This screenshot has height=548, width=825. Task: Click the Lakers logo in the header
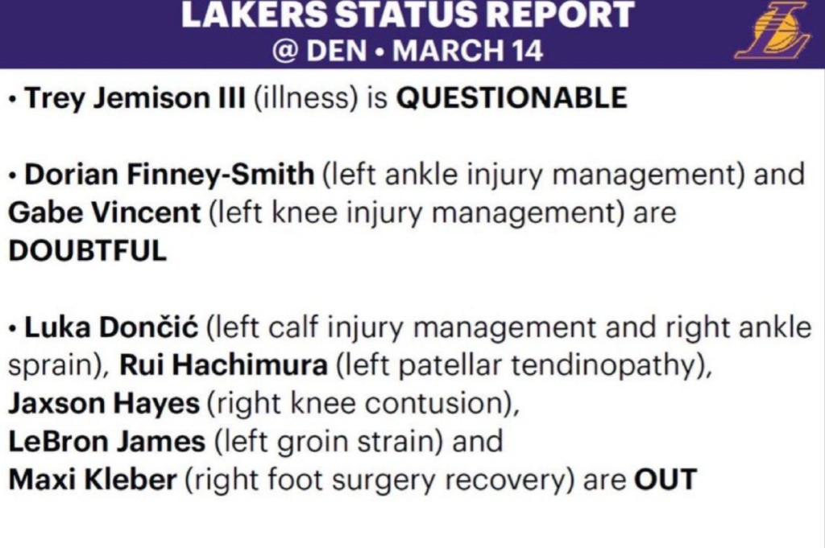click(x=773, y=30)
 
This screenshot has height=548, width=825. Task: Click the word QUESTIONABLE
click(x=512, y=97)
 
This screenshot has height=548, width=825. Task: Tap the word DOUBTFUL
click(x=87, y=250)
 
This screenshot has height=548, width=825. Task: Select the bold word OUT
click(x=665, y=479)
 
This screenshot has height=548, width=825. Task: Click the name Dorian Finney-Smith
click(x=169, y=175)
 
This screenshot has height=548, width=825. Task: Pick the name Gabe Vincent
click(x=104, y=212)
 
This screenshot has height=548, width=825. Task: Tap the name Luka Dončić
click(x=111, y=327)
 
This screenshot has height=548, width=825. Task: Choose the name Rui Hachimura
click(x=224, y=365)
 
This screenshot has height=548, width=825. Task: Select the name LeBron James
click(x=107, y=441)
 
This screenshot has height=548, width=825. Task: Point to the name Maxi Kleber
click(x=93, y=479)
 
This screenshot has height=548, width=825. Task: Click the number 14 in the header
click(x=524, y=51)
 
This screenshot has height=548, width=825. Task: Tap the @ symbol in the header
click(x=285, y=51)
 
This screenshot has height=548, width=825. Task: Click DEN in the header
click(x=336, y=51)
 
